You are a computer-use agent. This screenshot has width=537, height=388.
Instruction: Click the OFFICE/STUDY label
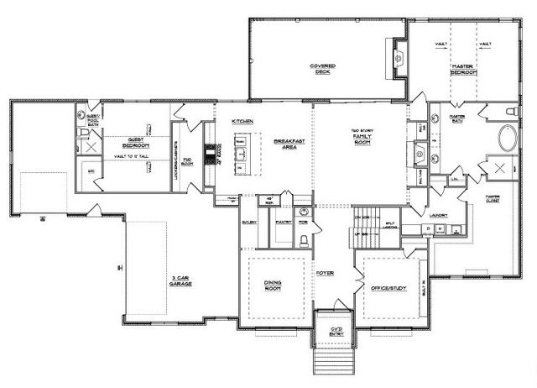tap(388, 288)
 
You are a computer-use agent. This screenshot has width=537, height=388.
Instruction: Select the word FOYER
tap(325, 274)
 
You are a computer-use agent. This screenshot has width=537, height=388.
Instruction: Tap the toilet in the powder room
tap(303, 240)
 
